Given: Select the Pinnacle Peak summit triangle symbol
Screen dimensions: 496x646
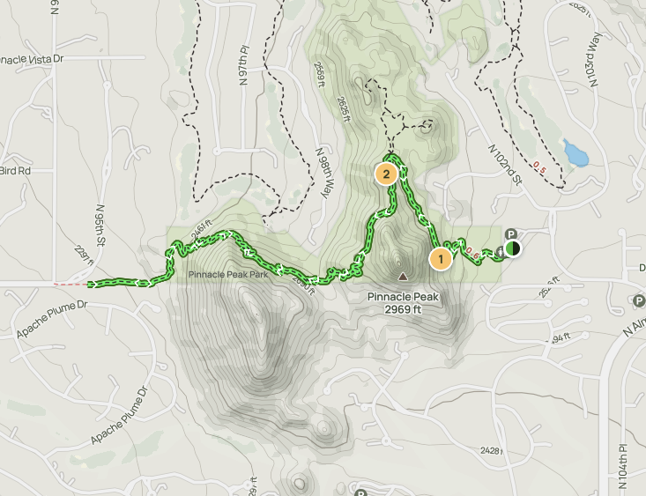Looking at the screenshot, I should click(403, 277).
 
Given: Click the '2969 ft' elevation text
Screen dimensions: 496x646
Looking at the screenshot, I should click(403, 309).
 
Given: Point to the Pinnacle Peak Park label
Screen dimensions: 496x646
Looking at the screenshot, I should click(227, 275).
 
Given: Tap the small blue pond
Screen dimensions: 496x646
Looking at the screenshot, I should click(576, 154).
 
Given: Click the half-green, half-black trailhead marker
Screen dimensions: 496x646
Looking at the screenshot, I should click(513, 248).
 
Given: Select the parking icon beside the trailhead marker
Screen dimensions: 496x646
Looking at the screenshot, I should click(510, 234).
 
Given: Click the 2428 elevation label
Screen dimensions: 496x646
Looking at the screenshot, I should click(492, 450).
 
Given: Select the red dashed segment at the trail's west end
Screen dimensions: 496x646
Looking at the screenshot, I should click(71, 285).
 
